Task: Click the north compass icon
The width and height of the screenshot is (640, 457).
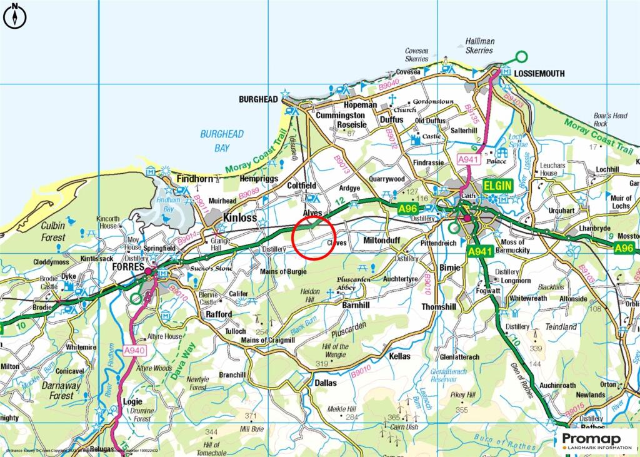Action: coord(14,16)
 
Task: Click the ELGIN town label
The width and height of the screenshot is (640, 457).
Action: coord(497,186)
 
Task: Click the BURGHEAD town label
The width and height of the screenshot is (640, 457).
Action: coord(257,99)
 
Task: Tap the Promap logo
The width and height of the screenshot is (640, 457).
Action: coord(596,439)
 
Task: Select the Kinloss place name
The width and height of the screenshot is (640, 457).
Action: coord(240,218)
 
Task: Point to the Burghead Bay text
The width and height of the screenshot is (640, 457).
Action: coord(222,141)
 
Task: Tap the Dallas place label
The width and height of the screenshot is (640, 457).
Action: coord(326,383)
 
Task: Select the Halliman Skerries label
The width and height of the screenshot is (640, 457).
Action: coord(479,46)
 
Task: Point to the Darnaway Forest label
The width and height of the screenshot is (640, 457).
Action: coord(61,391)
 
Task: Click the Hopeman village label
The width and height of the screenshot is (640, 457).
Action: coord(361,105)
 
